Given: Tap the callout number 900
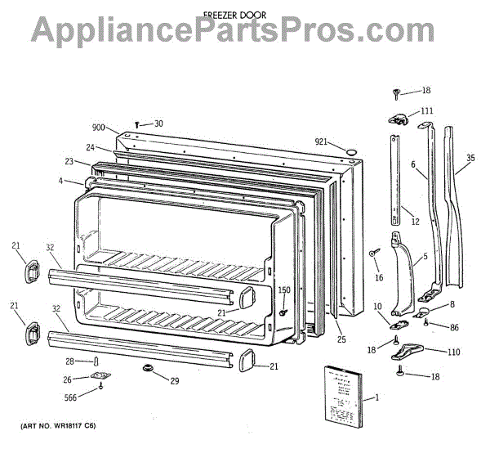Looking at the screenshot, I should point(99,128).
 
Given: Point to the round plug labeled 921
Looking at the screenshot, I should point(349,150).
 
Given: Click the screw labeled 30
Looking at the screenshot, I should point(137,124).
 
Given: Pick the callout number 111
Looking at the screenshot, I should point(427,111).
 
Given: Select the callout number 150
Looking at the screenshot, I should point(284,290).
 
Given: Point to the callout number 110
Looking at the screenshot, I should point(452,352).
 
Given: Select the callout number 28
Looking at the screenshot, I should point(70,361).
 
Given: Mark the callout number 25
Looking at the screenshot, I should point(341,338).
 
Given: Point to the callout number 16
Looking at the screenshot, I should point(378,278).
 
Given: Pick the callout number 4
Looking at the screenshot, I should point(60,180).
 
